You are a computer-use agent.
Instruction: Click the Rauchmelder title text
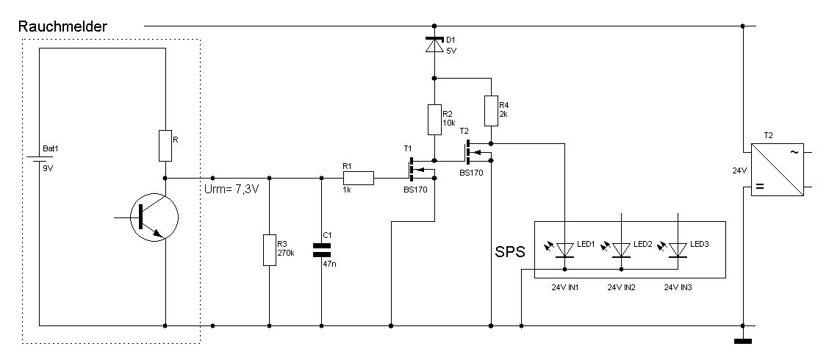pos(62,26)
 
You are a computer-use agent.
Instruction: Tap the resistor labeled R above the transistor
pos(165,145)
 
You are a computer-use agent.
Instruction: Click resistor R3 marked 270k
pos(268,250)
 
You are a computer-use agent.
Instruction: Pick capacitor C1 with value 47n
pos(322,250)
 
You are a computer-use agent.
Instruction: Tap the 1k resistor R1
pos(358,177)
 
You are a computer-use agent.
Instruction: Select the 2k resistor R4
pos(490,111)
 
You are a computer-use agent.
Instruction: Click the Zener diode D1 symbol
pos(434,44)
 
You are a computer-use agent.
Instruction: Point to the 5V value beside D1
pos(451,51)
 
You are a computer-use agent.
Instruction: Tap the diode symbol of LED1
pos(565,251)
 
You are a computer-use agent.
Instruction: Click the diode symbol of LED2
pos(622,251)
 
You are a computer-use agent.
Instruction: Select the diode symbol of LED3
pos(677,251)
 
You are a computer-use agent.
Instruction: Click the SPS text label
pos(511,252)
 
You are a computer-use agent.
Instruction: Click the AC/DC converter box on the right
pos(778,170)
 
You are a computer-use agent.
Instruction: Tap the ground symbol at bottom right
pos(743,340)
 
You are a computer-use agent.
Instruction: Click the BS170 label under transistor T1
pos(415,199)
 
